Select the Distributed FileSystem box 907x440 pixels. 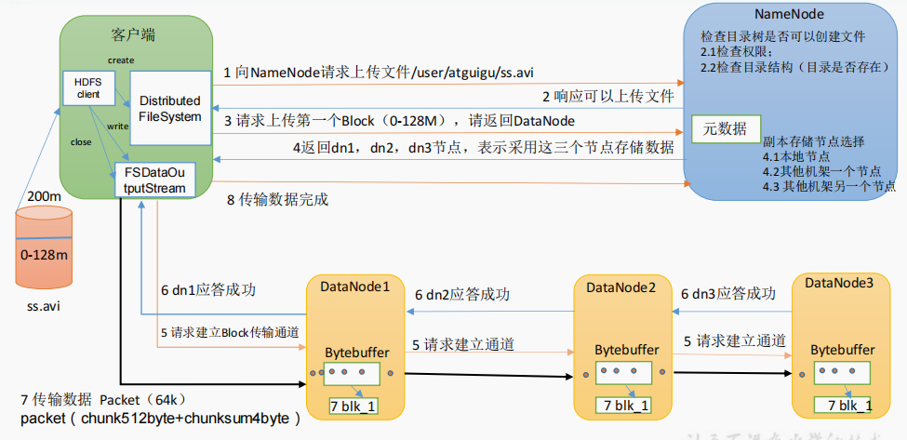pos(169,108)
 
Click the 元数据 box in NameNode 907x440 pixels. pos(727,130)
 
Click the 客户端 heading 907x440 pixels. pos(132,35)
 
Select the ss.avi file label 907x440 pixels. pos(43,305)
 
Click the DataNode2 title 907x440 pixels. pos(621,286)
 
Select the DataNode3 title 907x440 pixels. pos(839,283)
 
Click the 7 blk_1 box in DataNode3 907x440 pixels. pos(842,405)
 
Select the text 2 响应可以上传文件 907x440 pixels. pos(608,96)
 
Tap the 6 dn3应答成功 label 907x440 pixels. pos(728,292)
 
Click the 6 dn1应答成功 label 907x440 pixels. pos(208,290)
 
